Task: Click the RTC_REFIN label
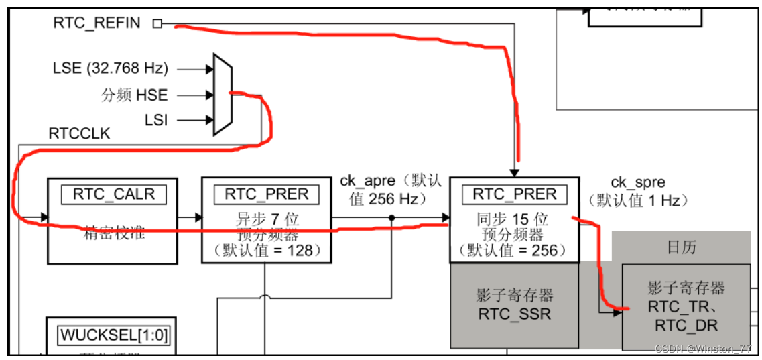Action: (x=97, y=23)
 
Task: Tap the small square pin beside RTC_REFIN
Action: (x=157, y=23)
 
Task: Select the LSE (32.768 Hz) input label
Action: (x=111, y=68)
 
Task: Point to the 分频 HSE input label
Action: (x=134, y=95)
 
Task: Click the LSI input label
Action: (x=156, y=121)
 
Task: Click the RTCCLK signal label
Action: (x=79, y=134)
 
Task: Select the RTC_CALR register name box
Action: (x=113, y=194)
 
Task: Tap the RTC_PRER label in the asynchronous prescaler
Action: (x=266, y=194)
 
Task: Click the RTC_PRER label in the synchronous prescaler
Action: (x=514, y=194)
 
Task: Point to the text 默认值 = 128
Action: (x=266, y=250)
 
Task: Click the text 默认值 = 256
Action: (x=514, y=250)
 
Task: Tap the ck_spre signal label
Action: (x=637, y=182)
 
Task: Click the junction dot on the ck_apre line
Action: (x=391, y=217)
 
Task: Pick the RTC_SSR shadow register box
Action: (x=514, y=306)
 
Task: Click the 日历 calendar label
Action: (x=681, y=247)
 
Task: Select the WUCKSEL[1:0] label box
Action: (x=110, y=335)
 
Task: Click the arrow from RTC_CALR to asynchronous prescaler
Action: (x=190, y=217)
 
